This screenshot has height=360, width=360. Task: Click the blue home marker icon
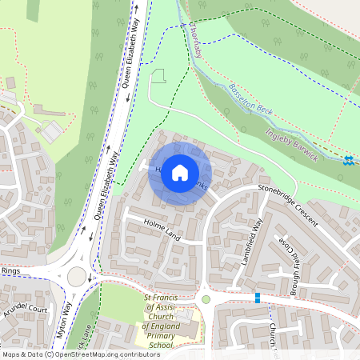[x=180, y=173]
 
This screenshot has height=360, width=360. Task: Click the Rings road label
[x=10, y=272]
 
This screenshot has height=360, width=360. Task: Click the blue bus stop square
[x=257, y=298]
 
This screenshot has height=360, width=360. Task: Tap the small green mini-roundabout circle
[x=206, y=299]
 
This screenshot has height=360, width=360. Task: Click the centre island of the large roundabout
[x=77, y=277]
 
